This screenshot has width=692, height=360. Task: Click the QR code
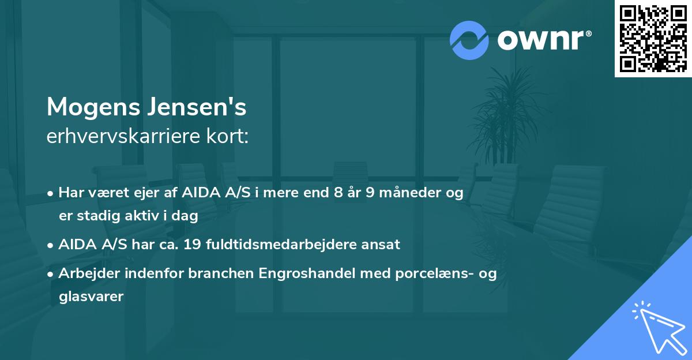pyautogui.click(x=653, y=38)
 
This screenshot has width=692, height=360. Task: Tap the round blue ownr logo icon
pyautogui.click(x=469, y=40)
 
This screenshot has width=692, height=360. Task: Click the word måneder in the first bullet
pyautogui.click(x=405, y=193)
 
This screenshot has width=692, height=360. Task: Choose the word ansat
pyautogui.click(x=380, y=244)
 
